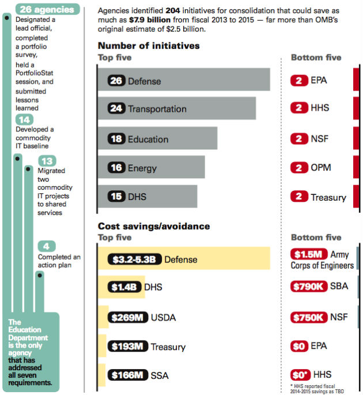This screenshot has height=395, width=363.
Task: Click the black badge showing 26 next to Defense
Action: coord(116,81)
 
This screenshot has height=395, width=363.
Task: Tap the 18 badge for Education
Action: coord(116,139)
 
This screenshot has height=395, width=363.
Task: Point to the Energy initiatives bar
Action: coord(173,167)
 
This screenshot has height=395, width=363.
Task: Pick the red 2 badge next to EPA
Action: coord(299,80)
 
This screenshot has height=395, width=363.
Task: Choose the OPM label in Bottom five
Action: coord(321,168)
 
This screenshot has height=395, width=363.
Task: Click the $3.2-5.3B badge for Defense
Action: coord(133,259)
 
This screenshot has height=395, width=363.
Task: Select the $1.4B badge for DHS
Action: coord(123,287)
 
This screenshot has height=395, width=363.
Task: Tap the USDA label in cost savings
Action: coord(163,318)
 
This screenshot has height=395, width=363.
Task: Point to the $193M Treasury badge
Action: coord(127,347)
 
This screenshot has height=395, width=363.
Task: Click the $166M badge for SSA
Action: coord(127,375)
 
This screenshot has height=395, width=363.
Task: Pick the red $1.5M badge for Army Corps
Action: coord(309,254)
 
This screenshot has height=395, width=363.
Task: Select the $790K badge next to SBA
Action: coord(309,286)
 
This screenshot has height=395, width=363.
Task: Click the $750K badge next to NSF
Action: coord(309,317)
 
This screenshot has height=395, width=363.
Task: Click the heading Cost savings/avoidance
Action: coord(154,226)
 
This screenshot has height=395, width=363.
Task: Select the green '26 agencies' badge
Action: coord(46,9)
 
